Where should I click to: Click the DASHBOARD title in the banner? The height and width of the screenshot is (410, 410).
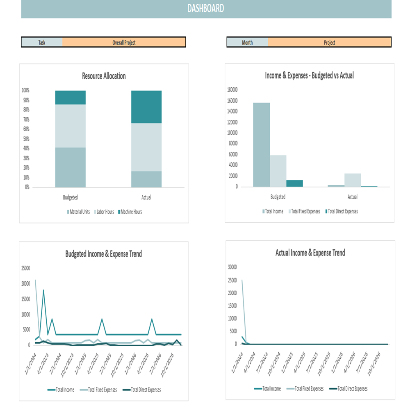206,8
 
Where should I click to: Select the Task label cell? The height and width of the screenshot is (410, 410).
42,42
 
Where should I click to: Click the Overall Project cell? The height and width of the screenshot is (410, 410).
124,42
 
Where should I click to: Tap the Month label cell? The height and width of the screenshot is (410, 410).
247,42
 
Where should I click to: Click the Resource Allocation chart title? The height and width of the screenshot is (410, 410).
104,76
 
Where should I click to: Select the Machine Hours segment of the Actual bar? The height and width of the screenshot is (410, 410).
146,107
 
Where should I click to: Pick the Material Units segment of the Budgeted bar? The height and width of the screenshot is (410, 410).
71,167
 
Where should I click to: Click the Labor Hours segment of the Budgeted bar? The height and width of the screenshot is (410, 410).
71,126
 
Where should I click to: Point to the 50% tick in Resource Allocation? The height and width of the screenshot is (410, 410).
25,139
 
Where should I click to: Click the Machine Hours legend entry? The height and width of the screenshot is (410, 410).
130,212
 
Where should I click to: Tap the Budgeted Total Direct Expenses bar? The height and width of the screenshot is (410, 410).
294,183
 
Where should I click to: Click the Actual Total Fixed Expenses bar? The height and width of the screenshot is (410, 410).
353,180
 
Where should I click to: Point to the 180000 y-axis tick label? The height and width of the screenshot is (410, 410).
232,90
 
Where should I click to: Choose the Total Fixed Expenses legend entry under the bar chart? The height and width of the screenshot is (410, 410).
305,212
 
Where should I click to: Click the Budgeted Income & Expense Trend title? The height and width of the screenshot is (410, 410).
104,254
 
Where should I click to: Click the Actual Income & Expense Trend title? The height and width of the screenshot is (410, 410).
310,253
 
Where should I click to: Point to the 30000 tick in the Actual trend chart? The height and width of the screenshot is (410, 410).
232,267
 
